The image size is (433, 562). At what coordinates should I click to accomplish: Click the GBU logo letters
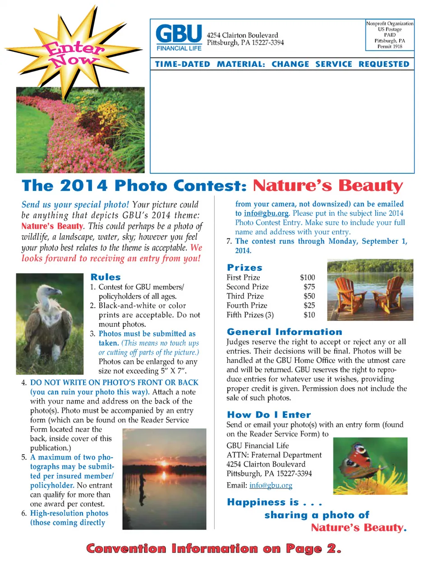pos(179,34)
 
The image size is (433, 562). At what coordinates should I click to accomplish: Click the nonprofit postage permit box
pos(390,35)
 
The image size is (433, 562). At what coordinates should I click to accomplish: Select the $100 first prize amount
pos(307,278)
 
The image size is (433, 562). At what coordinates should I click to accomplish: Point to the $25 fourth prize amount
pos(309,306)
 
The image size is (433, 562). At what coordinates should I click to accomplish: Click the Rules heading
pos(106,277)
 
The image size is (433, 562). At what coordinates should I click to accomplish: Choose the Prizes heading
pos(244,268)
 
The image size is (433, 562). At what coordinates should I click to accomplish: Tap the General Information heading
pos(284,332)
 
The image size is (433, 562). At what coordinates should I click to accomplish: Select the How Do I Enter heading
pos(269,415)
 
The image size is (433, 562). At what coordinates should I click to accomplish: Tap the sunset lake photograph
pos(164,478)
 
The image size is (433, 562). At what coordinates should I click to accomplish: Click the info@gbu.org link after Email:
pos(271,486)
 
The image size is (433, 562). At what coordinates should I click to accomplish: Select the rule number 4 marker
pos(24,383)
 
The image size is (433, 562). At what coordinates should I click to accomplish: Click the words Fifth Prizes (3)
pos(250,315)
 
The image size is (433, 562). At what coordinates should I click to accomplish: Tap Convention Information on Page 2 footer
pos(213,548)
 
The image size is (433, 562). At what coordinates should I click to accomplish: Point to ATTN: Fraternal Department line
pos(274,455)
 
